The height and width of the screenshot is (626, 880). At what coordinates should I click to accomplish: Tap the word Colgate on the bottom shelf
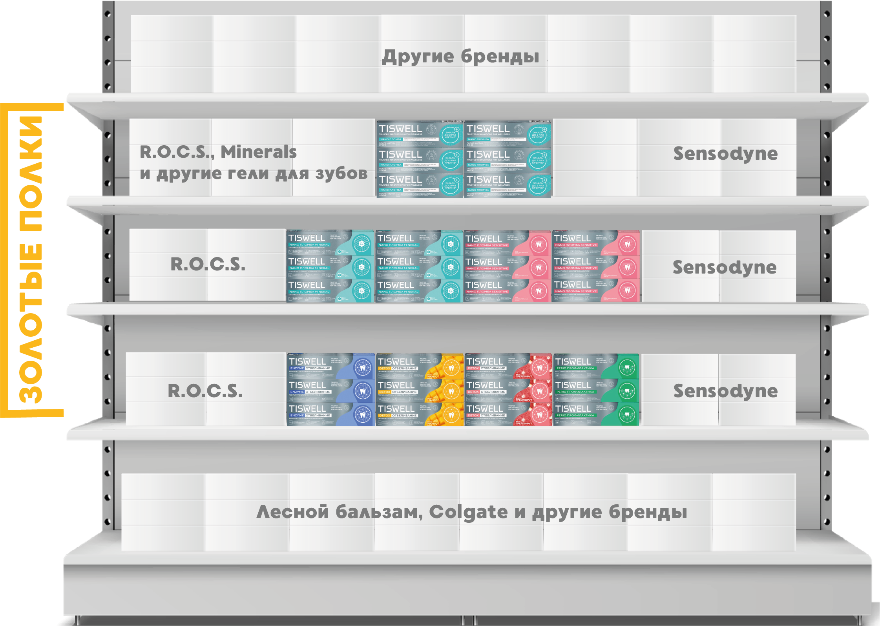pyautogui.click(x=468, y=512)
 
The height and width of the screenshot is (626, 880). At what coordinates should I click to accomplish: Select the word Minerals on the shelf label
pyautogui.click(x=259, y=152)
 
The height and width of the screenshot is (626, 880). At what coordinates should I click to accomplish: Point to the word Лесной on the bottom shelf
pyautogui.click(x=292, y=512)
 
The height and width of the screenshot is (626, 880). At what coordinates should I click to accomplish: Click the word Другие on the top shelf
pyautogui.click(x=418, y=57)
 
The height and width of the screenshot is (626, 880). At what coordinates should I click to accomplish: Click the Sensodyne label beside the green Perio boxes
pyautogui.click(x=725, y=391)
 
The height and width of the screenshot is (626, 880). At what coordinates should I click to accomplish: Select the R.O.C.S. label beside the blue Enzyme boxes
pyautogui.click(x=205, y=391)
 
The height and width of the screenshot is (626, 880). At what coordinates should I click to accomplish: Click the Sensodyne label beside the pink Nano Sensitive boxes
pyautogui.click(x=725, y=267)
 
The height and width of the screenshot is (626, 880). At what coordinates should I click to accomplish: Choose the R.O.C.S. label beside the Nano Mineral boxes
pyautogui.click(x=208, y=264)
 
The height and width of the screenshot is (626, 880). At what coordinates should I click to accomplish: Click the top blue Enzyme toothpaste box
pyautogui.click(x=330, y=366)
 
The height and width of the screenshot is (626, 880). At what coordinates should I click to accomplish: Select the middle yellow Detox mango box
pyautogui.click(x=420, y=390)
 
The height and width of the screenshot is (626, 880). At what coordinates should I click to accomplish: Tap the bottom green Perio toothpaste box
pyautogui.click(x=596, y=414)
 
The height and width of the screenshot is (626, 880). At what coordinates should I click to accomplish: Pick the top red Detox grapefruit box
pyautogui.click(x=508, y=366)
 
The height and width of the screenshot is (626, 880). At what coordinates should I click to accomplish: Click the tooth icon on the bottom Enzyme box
pyautogui.click(x=362, y=414)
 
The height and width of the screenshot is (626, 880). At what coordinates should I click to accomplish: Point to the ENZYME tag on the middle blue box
pyautogui.click(x=297, y=392)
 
